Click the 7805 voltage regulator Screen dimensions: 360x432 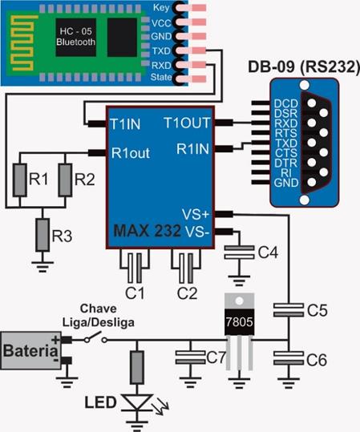point(239,330)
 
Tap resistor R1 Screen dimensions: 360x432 point(20,180)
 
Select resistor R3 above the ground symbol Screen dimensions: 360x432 point(42,235)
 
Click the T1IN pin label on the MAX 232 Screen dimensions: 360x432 point(125,124)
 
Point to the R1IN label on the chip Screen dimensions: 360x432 point(192,149)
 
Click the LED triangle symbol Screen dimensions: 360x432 point(137,402)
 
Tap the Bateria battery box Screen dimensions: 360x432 point(30,350)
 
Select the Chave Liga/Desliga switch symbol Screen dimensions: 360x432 point(95,338)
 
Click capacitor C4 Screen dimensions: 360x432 point(239,252)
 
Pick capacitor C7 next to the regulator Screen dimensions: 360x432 point(190,357)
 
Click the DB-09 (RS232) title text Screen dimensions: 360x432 point(304,67)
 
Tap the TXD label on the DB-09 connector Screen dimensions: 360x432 point(286,143)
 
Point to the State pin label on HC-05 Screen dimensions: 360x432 point(161,77)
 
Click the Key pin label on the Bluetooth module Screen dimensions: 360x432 point(161,8)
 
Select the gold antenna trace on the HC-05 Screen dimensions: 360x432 point(22,43)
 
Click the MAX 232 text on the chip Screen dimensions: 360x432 point(147,231)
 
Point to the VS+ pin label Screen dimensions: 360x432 point(195,214)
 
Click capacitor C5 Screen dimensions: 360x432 point(289,310)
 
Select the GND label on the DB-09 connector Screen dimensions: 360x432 point(286,183)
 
